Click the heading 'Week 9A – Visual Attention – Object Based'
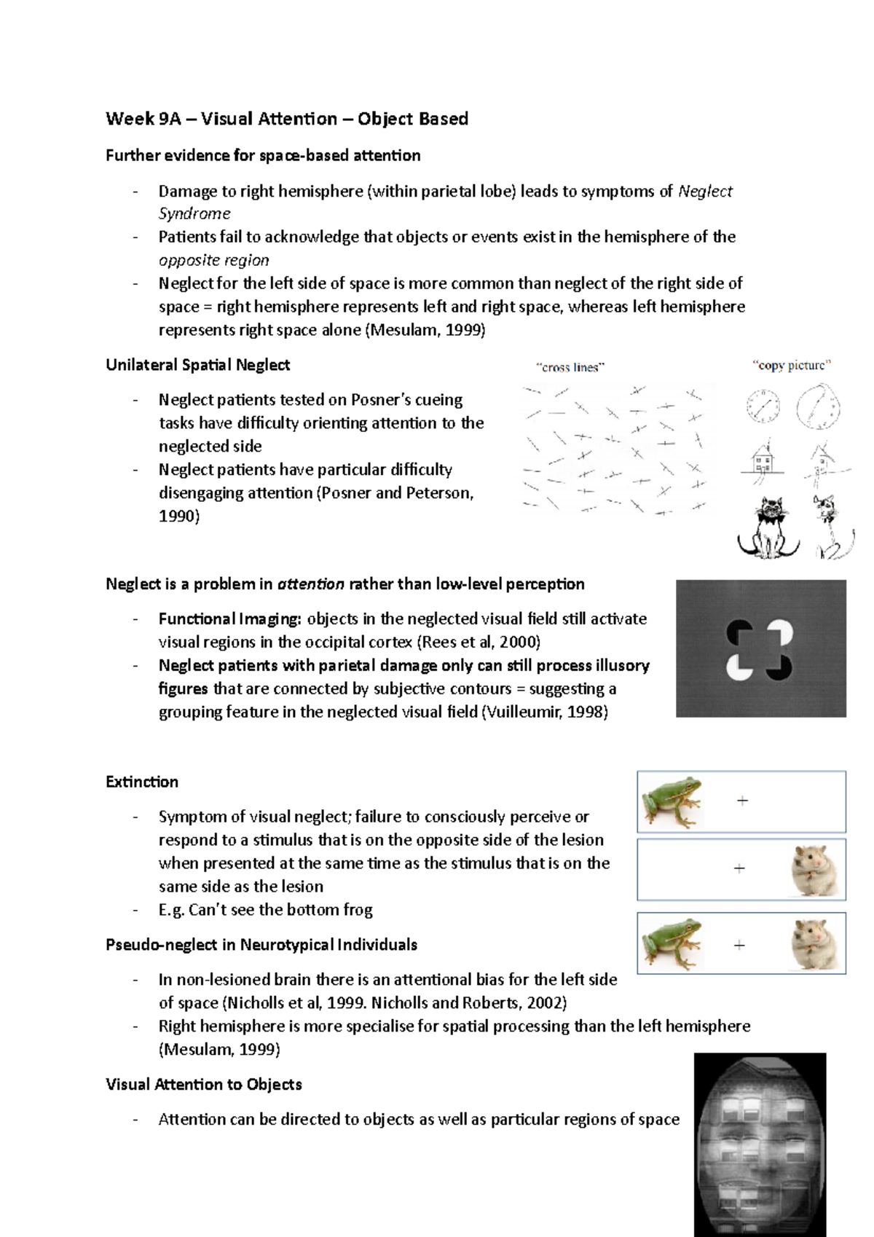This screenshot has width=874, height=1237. pos(286,119)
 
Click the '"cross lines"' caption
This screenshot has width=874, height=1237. pos(570,367)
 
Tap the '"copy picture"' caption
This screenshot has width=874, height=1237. pos(791,365)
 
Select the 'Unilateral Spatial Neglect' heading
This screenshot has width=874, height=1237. pos(197,365)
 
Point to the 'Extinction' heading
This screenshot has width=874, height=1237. pos(142,782)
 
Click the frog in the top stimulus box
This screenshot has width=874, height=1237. pos(672,802)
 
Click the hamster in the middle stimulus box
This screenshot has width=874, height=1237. pos(814,870)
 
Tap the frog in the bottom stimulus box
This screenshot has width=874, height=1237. pos(672,944)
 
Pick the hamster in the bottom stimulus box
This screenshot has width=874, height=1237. pos(814,944)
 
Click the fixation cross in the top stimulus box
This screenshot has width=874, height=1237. pos(742,801)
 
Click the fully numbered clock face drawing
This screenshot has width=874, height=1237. pos(763,406)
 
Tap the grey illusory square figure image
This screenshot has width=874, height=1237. pos(760,648)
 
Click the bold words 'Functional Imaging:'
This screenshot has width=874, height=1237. pos(229,619)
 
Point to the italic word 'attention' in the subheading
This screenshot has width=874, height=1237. pos(311,584)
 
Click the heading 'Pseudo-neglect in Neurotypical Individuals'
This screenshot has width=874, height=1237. pos(261,945)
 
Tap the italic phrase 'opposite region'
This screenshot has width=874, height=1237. pos(213,260)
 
